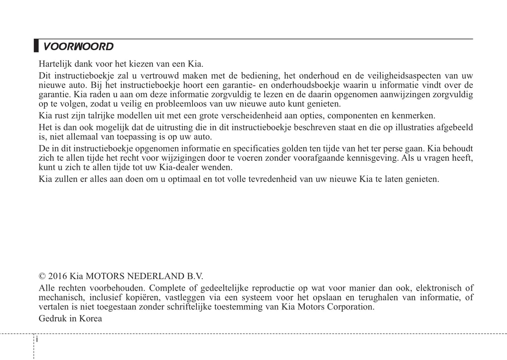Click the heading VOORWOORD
tap(78, 47)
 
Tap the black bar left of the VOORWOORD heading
tap(36, 46)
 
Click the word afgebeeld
tap(455, 127)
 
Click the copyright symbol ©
tap(42, 276)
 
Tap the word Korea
tap(90, 319)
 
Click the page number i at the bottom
tap(37, 340)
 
